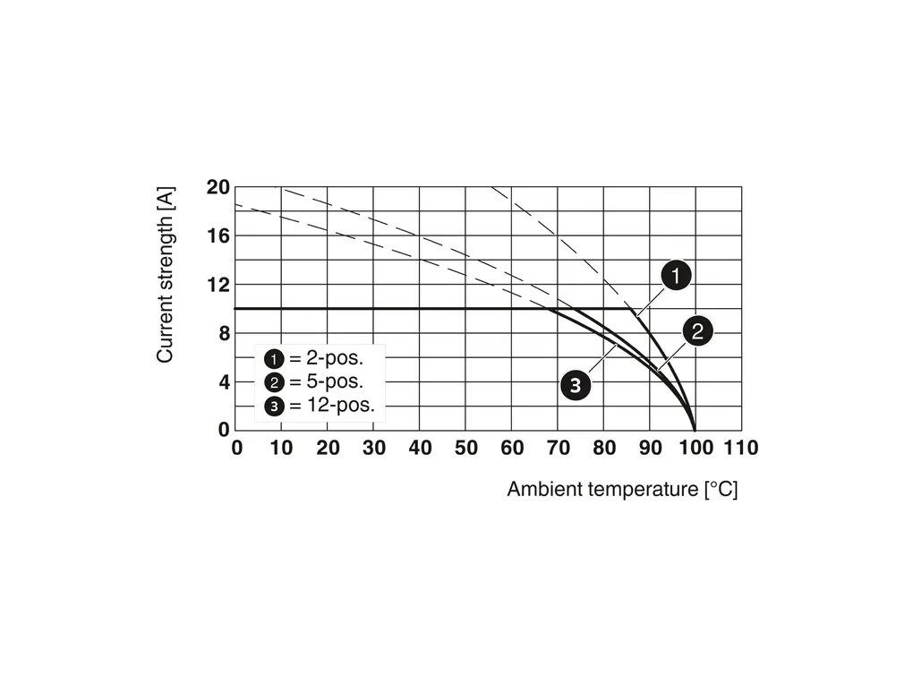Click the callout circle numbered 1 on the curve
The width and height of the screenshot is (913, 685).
point(677,276)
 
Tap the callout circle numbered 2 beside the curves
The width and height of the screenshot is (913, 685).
point(698,331)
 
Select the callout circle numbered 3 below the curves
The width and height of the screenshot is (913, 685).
point(576,386)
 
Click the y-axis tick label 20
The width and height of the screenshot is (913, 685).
point(218,187)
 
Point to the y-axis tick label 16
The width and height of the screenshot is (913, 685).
point(218,235)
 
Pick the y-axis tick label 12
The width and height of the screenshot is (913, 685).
point(218,285)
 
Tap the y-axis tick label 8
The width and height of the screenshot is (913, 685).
point(224,333)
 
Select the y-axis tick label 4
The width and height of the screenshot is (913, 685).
point(224,381)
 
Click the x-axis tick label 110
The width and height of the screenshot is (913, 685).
point(741,448)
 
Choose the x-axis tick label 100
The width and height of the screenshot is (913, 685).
point(695,448)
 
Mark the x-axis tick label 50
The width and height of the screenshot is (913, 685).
point(465,448)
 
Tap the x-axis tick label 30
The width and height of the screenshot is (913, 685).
point(374,448)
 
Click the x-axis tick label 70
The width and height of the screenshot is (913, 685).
point(558,448)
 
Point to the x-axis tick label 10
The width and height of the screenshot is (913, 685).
point(282,448)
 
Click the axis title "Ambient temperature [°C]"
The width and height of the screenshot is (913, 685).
point(622,490)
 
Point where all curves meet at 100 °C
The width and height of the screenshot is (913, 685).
point(695,430)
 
